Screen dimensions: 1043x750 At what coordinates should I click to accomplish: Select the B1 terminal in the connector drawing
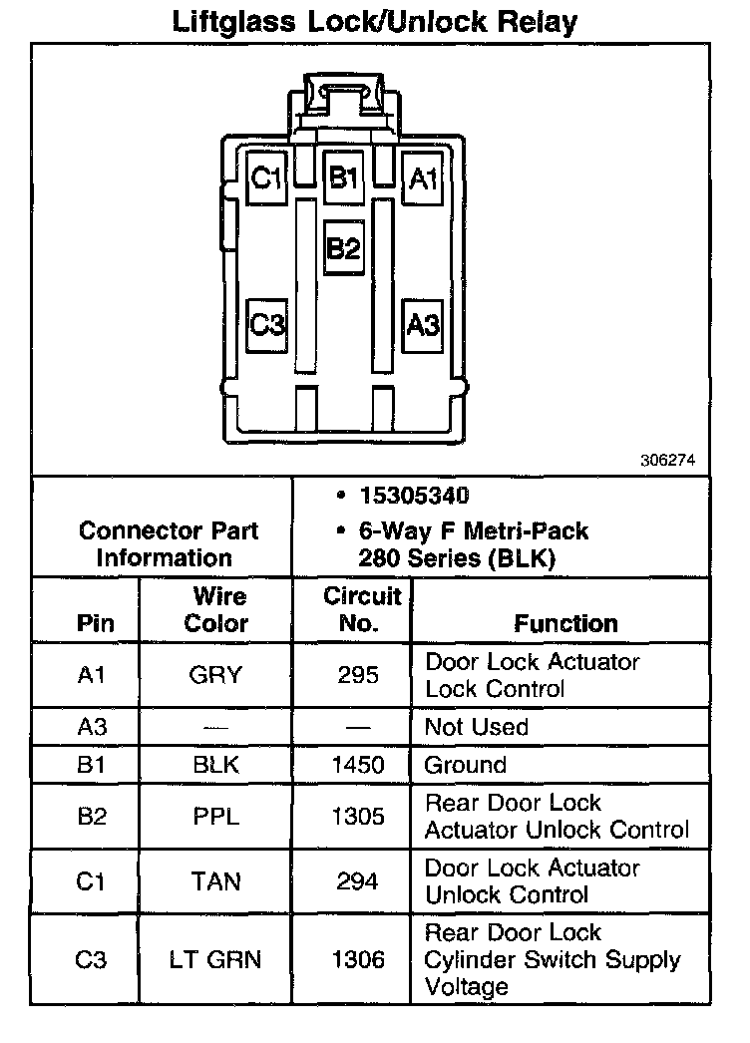pos(344,178)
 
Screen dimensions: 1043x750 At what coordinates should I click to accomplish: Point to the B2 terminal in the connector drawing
pos(344,247)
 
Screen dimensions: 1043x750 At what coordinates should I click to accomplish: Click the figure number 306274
pos(667,461)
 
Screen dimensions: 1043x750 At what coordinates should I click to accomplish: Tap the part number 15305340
pos(414,497)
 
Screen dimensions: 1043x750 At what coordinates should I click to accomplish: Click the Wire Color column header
pos(217,609)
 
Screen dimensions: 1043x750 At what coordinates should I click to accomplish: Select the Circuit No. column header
pos(361,609)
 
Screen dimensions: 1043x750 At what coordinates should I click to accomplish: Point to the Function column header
pos(565,623)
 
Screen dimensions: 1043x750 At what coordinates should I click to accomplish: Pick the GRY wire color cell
pos(215,675)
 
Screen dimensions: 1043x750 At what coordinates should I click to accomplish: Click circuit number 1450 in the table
pos(357,765)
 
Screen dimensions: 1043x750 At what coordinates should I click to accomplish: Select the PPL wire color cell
pos(215,817)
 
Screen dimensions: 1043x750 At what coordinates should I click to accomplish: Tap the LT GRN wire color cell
pos(215,959)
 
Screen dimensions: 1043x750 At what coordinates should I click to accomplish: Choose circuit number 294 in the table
pos(357,881)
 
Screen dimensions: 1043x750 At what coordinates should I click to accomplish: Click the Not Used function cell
pos(476,727)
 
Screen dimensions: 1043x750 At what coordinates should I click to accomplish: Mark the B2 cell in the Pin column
pos(91,817)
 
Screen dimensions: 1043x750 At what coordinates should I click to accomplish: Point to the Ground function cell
pos(465,765)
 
